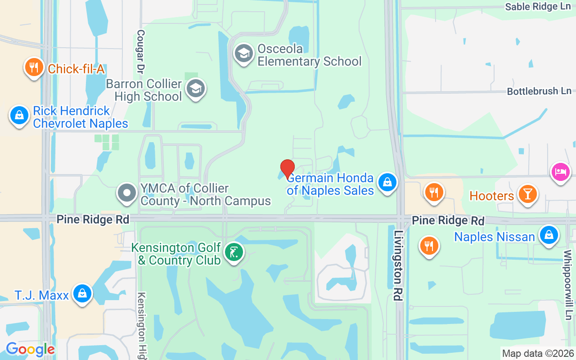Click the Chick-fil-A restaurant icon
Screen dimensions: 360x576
click(34, 67)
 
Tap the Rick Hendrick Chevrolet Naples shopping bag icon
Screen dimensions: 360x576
click(19, 115)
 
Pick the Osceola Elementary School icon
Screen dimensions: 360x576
click(243, 54)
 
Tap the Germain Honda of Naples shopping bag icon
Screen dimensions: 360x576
click(387, 183)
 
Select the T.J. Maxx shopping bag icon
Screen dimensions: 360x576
click(82, 294)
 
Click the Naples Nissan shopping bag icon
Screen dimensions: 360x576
click(549, 235)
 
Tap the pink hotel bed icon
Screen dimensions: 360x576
click(561, 172)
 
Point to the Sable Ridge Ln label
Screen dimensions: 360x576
click(538, 7)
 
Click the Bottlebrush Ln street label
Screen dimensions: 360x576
click(539, 91)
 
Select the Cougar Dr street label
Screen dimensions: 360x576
click(140, 52)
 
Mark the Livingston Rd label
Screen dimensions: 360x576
click(398, 265)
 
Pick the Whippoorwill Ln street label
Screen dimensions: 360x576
click(567, 279)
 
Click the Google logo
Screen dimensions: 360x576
click(30, 349)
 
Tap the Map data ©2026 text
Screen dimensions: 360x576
click(538, 353)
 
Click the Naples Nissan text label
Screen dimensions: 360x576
click(495, 237)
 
